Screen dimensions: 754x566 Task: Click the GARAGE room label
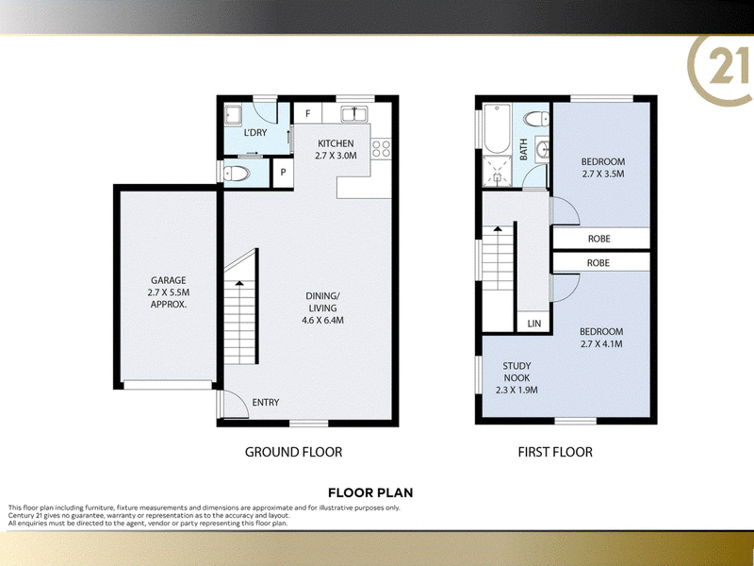click(x=169, y=280)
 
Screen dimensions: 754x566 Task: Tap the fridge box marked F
click(x=308, y=113)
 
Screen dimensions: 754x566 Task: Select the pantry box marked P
click(x=284, y=173)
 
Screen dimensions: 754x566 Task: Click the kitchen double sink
click(x=354, y=114)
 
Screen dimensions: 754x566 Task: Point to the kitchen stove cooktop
click(x=381, y=148)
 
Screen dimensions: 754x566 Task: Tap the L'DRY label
click(x=255, y=132)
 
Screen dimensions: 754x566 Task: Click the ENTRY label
click(x=266, y=403)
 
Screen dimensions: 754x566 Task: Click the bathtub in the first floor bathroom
click(x=497, y=128)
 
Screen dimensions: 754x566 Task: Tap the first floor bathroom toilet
click(x=536, y=119)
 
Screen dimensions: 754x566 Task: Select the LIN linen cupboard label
click(x=534, y=324)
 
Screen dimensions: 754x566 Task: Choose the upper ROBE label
click(x=599, y=239)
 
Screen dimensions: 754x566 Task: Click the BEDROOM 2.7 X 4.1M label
click(x=601, y=338)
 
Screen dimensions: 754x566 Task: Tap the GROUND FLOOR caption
click(x=293, y=452)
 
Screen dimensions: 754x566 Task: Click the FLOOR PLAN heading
click(x=370, y=492)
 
